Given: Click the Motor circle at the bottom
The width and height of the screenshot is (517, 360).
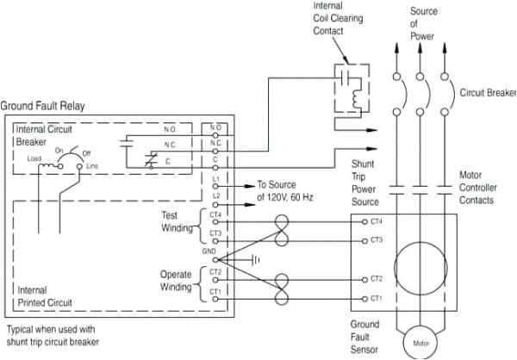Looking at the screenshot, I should pos(420,342).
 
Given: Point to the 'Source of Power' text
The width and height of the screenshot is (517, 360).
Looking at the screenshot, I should pos(423,24).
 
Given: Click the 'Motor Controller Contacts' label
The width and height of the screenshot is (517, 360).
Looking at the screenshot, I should pos(487,187).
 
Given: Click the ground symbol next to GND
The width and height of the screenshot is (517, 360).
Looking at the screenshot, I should pos(254,258).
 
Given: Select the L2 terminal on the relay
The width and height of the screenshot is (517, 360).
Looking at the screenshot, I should pos(215,196).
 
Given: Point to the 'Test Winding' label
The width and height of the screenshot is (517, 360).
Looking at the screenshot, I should pos(179,221).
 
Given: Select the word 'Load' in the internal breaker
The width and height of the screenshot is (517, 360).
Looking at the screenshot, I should pos(34,158).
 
